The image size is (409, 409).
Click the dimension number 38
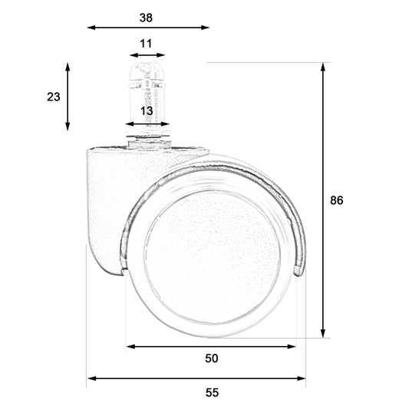coord(146,18)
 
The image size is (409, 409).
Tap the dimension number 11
coord(146,44)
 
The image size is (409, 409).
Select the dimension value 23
coord(54,97)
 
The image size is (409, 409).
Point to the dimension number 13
coord(147,110)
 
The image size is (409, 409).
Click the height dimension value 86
coord(337,200)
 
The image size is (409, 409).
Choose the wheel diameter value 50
coord(212,358)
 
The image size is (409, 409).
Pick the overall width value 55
coord(212,392)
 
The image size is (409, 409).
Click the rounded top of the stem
coord(147,71)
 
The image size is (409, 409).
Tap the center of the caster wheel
coord(213,257)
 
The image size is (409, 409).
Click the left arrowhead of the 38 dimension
coord(91,28)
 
